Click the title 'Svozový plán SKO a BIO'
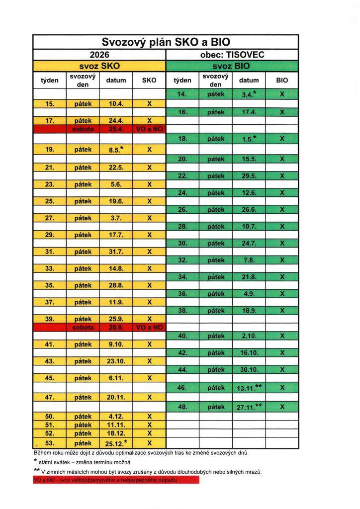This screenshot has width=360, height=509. [165, 42]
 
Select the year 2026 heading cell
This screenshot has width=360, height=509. [99, 55]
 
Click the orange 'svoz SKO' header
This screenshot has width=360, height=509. [99, 66]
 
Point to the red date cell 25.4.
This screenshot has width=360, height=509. [116, 129]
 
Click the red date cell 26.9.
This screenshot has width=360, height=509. [116, 327]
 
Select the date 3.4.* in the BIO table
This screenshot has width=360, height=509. [249, 94]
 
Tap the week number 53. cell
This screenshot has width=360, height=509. [49, 442]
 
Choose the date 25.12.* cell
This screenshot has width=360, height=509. [116, 442]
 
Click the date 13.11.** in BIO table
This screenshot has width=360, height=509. [249, 387]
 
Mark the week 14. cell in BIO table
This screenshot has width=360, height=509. [182, 94]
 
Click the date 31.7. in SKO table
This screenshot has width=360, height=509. [116, 252]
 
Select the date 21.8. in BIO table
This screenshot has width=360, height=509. [249, 276]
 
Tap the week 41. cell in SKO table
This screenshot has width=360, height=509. [49, 344]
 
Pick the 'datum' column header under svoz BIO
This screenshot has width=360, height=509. [249, 80]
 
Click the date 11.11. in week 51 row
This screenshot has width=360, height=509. [116, 425]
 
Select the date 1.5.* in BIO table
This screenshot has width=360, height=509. [249, 140]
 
